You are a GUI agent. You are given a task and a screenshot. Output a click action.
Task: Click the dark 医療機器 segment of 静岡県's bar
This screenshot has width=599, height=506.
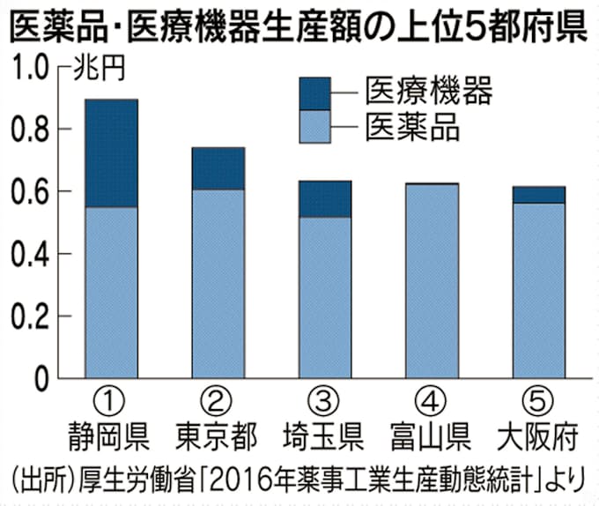coord(111,153)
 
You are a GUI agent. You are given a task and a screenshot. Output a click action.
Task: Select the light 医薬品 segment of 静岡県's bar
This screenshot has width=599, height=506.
coord(111,293)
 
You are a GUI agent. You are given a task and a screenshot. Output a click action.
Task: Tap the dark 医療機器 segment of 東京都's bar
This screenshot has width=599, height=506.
coord(218,168)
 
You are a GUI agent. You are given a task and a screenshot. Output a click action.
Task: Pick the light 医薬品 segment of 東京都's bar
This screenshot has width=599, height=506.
coord(218,284)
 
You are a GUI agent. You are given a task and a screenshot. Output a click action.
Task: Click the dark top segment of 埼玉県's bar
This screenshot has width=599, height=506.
coord(324,199)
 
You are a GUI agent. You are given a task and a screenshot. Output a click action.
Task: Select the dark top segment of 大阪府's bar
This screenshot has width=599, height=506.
coord(539,195)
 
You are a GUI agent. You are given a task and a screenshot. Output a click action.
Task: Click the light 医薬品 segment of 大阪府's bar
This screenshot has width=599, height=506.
coord(539,291)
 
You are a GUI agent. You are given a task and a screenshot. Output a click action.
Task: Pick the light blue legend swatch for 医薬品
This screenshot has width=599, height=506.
coord(315,125)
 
